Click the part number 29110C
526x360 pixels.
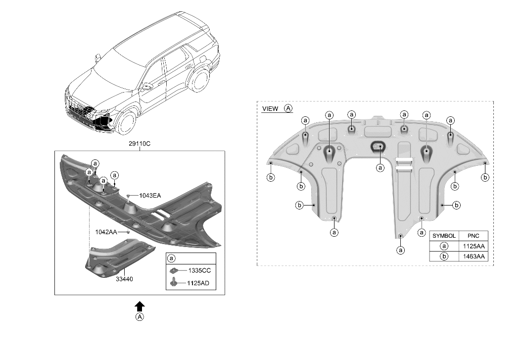140,144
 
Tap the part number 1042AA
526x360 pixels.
106,232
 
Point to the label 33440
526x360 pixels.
124,279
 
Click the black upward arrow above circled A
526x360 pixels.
140,306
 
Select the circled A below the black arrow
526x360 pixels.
140,317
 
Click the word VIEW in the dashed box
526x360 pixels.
270,109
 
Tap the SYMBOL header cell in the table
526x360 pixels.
444,236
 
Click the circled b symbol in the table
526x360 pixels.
444,256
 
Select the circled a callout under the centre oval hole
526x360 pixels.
380,167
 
